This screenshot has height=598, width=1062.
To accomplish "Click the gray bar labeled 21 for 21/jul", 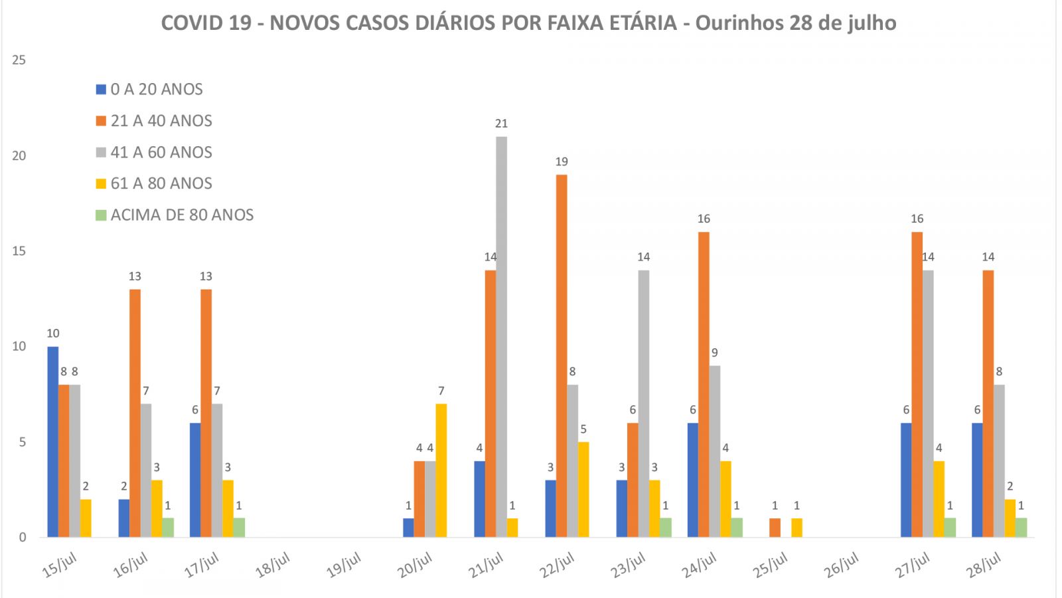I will point(501,337).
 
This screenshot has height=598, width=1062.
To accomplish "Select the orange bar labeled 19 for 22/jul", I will point(562,355).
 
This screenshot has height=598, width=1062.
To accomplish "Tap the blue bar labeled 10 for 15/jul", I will point(52,441).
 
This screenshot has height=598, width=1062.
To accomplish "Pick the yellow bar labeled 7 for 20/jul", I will point(441,470).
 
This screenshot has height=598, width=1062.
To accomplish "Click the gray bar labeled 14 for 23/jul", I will point(643,403).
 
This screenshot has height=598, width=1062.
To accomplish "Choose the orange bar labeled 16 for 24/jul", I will point(704,384).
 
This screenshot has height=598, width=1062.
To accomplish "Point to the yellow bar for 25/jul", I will point(796,528).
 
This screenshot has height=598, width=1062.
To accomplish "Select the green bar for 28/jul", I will point(1021,528).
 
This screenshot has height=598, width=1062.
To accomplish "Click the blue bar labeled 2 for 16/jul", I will point(124,518).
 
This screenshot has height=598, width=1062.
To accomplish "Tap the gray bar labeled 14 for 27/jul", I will point(928,403).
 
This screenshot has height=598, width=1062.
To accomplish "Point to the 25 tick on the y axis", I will point(19,60).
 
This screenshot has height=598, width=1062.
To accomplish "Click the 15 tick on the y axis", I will point(19,251).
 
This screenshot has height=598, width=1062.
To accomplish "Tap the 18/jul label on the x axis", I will point(273,565).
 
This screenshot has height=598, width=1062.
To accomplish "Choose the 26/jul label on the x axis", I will point(842,565).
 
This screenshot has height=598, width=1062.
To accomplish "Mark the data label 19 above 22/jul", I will point(562,161).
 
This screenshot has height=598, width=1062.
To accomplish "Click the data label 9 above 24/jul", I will point(715,353).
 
